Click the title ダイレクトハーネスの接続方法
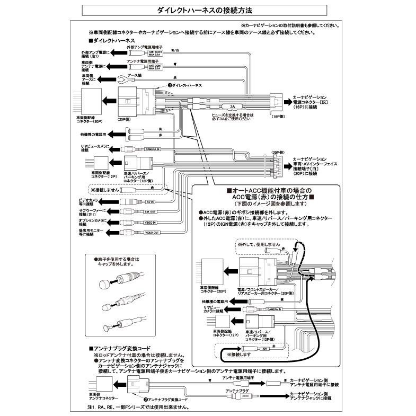[x=208, y=10]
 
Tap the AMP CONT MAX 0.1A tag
[x=155, y=53]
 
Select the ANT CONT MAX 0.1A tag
[x=155, y=67]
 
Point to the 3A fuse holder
[x=233, y=106]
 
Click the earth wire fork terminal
[x=121, y=81]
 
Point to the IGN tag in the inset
[x=264, y=350]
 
